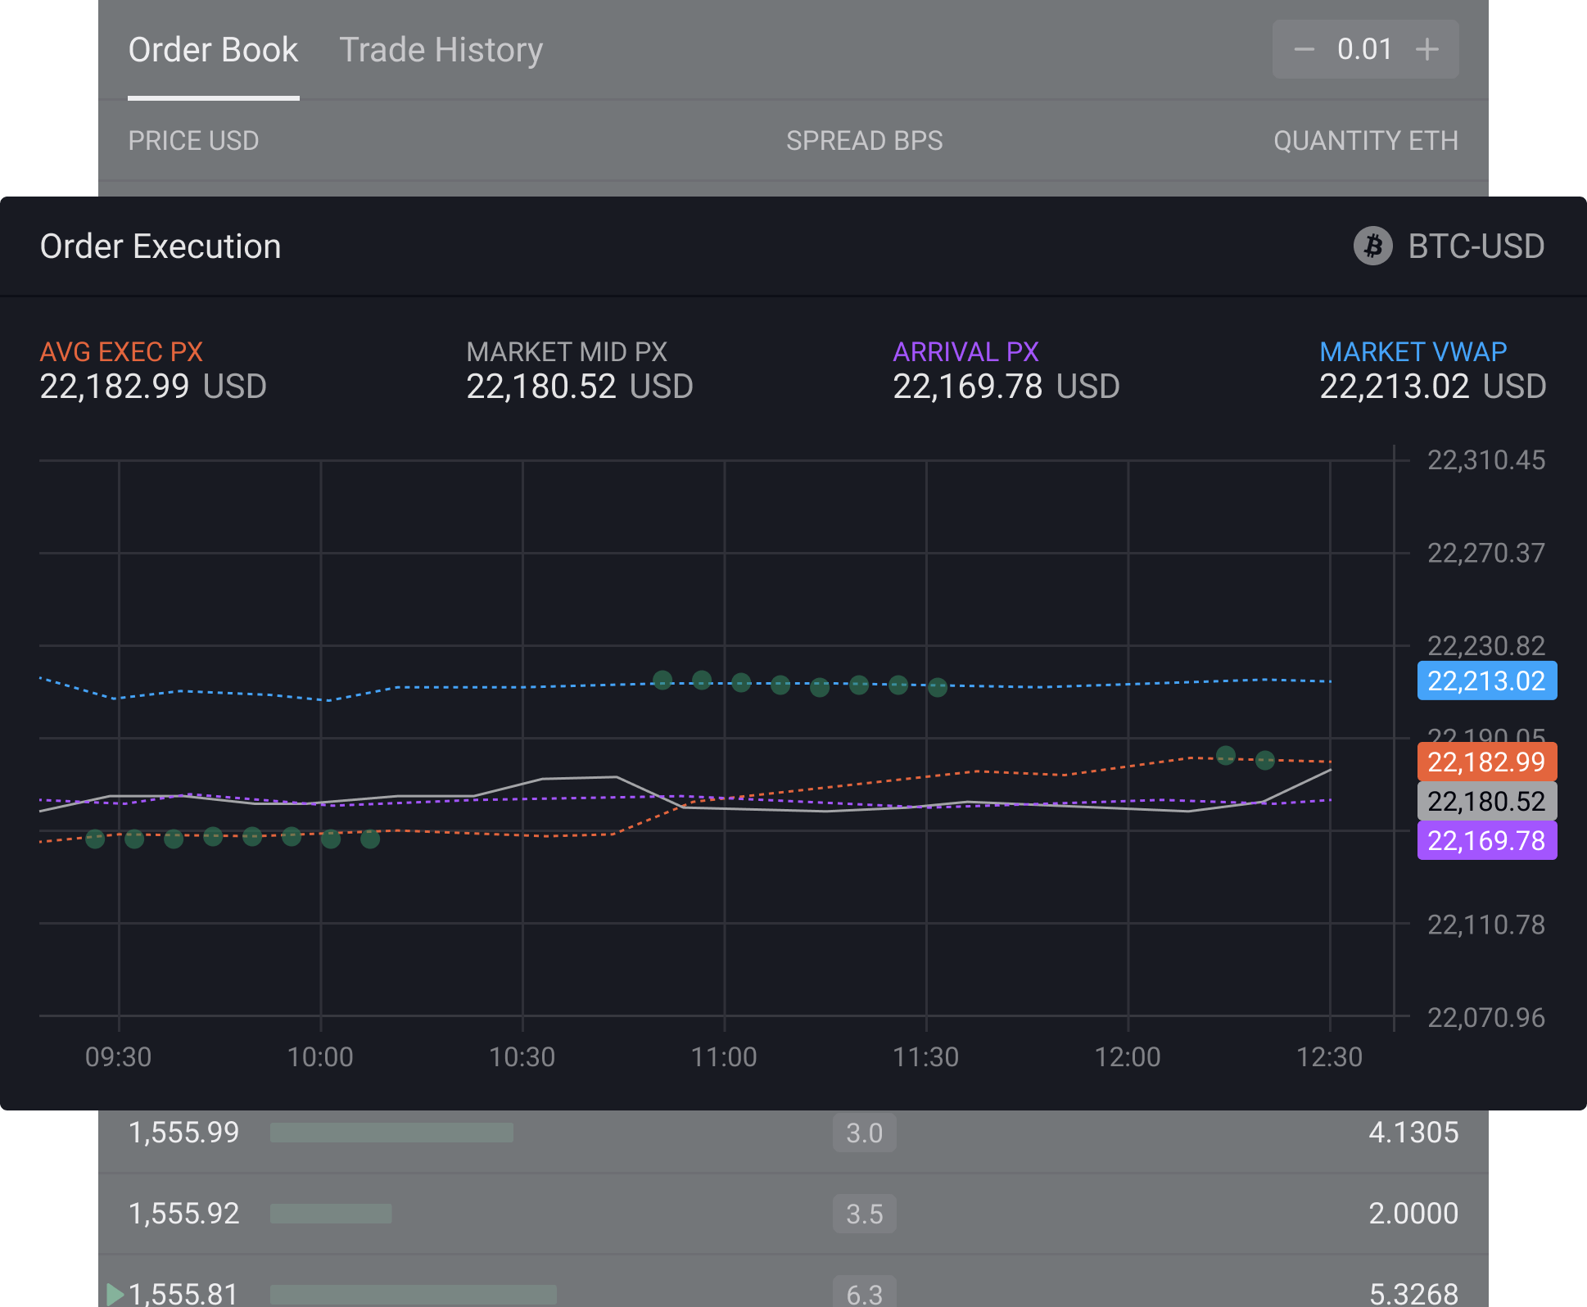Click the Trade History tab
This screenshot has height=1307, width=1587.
coord(441,50)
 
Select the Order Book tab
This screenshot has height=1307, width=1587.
coord(213,50)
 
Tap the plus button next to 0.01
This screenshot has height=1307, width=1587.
coord(1426,49)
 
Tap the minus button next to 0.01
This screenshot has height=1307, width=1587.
coord(1304,49)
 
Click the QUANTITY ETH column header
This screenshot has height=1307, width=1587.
coord(1365,141)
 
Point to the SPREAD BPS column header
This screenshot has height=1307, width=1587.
coord(864,141)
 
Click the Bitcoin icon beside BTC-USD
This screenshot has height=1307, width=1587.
coord(1372,246)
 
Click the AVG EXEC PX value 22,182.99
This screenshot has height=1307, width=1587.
coord(115,387)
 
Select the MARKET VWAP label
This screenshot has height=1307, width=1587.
coord(1413,352)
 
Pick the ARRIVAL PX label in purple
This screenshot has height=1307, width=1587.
coord(965,352)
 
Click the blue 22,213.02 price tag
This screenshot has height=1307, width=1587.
coord(1486,681)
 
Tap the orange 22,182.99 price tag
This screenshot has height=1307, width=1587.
coord(1486,762)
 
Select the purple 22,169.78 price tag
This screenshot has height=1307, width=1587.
coord(1486,840)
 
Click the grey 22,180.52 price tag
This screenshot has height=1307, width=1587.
coord(1486,801)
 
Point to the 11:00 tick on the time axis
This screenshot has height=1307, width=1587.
coord(724,1056)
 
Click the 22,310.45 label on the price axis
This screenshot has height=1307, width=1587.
coord(1485,460)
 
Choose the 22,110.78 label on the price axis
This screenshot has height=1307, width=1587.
coord(1485,925)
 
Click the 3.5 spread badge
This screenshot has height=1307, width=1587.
coord(864,1214)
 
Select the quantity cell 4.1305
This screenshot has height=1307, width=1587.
coord(1413,1133)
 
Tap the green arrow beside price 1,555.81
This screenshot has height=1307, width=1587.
coord(115,1294)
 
